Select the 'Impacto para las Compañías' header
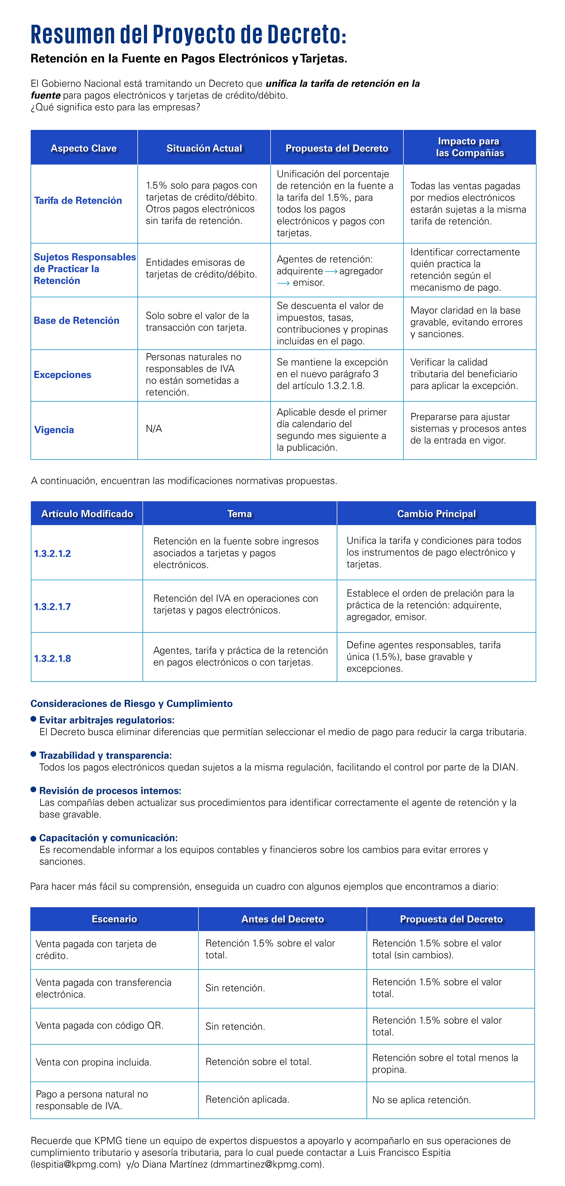pyautogui.click(x=470, y=147)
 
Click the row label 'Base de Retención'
pyautogui.click(x=76, y=320)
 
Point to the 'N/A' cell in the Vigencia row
pyautogui.click(x=154, y=429)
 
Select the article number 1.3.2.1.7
pyautogui.click(x=52, y=607)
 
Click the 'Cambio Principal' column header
pyautogui.click(x=436, y=514)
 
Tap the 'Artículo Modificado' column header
pyautogui.click(x=87, y=514)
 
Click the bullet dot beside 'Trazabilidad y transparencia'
pyautogui.click(x=33, y=754)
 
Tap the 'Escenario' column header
pyautogui.click(x=114, y=919)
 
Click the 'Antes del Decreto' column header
pyautogui.click(x=282, y=919)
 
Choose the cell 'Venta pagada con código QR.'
pyautogui.click(x=99, y=1025)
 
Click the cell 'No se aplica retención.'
pyautogui.click(x=421, y=1100)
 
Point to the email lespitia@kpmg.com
pyautogui.click(x=75, y=1164)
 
